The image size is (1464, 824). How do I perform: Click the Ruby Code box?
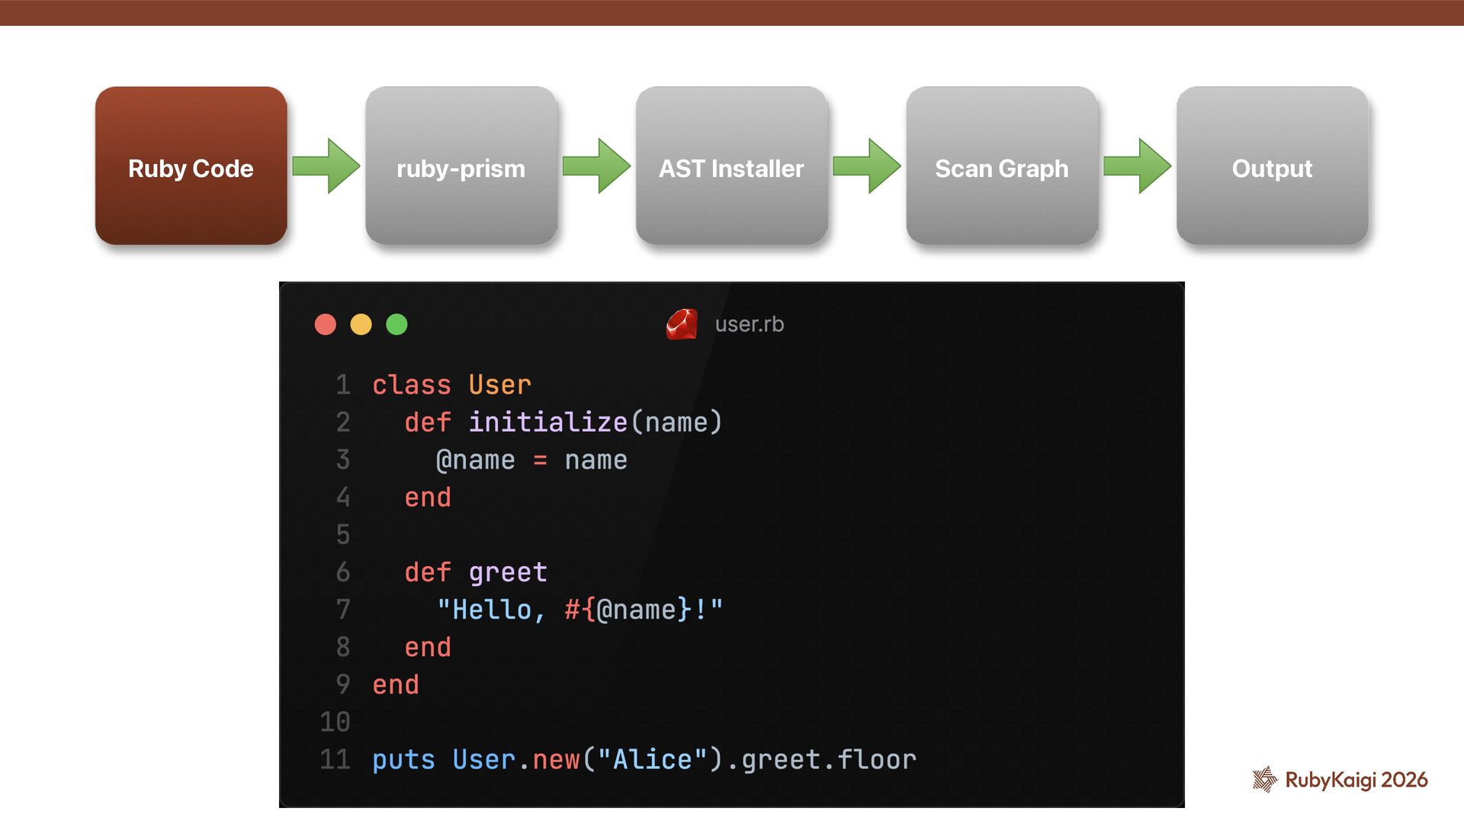[191, 166]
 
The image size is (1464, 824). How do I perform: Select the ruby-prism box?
[461, 166]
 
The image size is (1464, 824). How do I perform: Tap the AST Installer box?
[731, 166]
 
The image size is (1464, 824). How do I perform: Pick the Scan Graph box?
[1001, 166]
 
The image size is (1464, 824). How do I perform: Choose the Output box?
[1272, 166]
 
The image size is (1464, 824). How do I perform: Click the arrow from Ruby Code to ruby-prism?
[326, 166]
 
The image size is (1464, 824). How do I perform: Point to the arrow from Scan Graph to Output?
[1137, 166]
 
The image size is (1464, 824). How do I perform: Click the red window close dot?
[326, 324]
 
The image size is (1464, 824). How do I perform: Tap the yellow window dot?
[361, 324]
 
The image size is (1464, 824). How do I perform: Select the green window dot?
[396, 324]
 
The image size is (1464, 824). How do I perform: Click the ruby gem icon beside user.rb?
[682, 324]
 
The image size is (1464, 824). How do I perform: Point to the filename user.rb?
[750, 324]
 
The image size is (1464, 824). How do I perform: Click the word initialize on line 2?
[547, 422]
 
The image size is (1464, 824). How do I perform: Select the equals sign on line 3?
[540, 460]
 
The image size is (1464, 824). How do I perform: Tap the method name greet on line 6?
[508, 572]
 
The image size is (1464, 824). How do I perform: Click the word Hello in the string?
[492, 610]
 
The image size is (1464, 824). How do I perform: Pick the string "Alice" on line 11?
[652, 760]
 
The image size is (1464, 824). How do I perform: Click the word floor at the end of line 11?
[877, 760]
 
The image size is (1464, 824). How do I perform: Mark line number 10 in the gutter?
[335, 722]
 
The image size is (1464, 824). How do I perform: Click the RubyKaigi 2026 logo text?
[1356, 780]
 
